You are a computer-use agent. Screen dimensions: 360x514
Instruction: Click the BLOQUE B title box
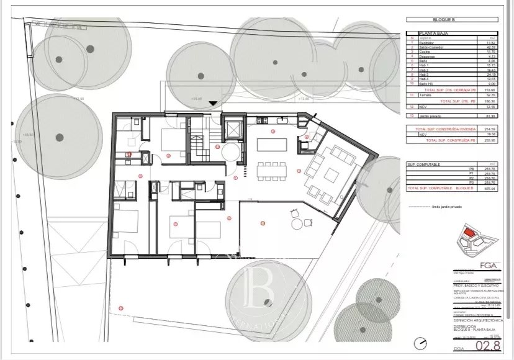tap(444, 20)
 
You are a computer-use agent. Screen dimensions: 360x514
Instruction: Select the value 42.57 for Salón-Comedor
tap(474, 47)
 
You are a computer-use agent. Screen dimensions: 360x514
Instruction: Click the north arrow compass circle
tap(423, 343)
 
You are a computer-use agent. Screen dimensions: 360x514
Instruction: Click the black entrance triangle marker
tap(214, 104)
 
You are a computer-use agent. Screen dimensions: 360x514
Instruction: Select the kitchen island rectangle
tap(271, 144)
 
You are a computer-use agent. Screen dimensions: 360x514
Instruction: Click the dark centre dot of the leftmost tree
tap(60, 137)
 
